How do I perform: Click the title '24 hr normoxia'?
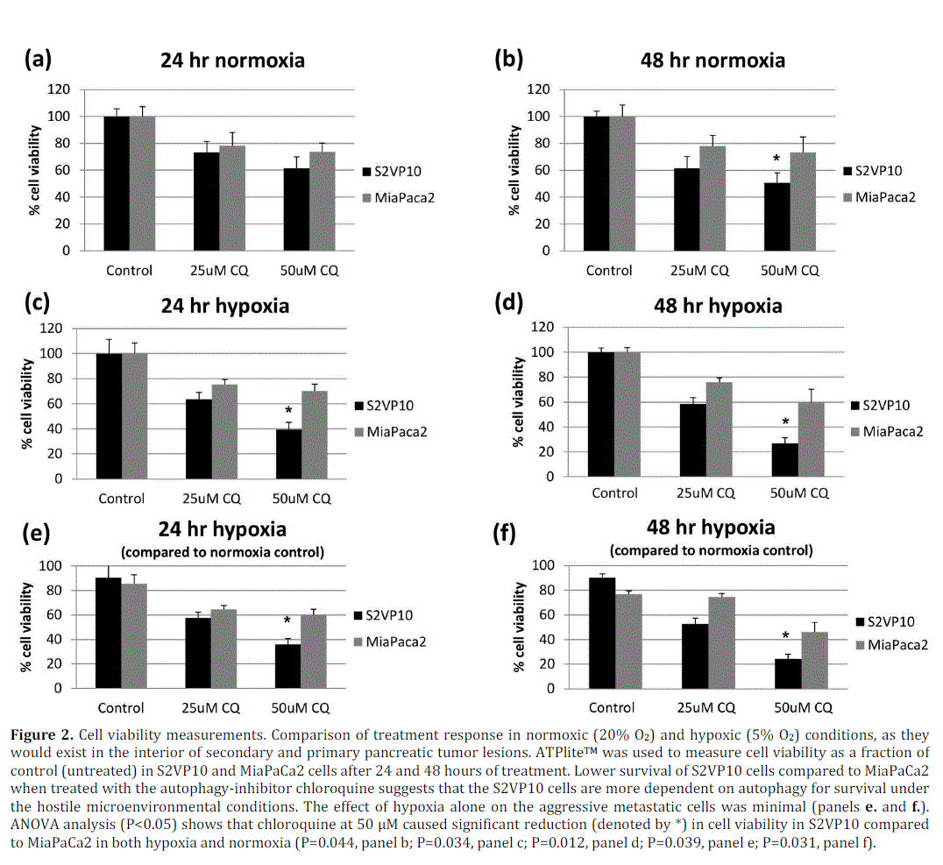tap(232, 60)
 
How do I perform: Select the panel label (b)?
tap(509, 59)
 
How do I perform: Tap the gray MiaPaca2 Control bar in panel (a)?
tap(142, 183)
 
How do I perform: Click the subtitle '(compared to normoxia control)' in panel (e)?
tap(223, 552)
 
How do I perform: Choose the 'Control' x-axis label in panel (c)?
tap(122, 499)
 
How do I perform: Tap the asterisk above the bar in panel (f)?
tap(785, 636)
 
